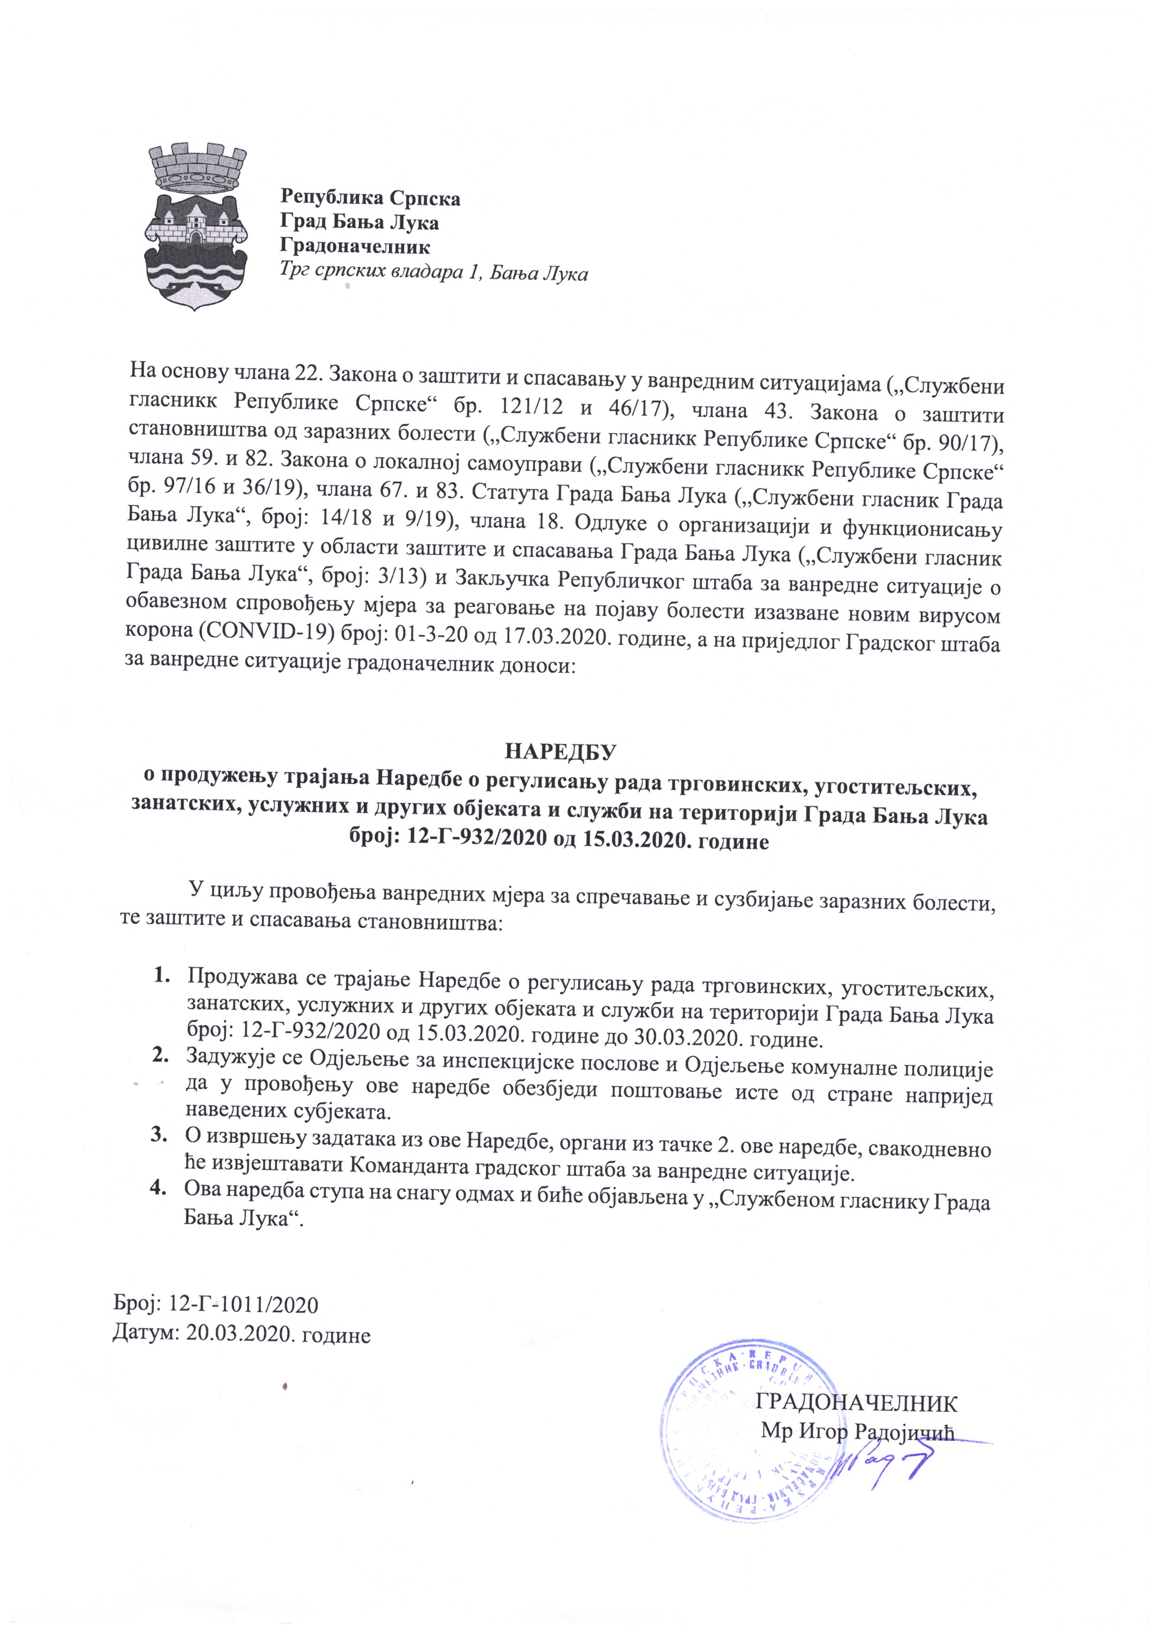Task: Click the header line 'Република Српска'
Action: [370, 198]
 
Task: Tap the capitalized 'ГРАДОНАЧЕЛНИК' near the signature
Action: [856, 1403]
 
